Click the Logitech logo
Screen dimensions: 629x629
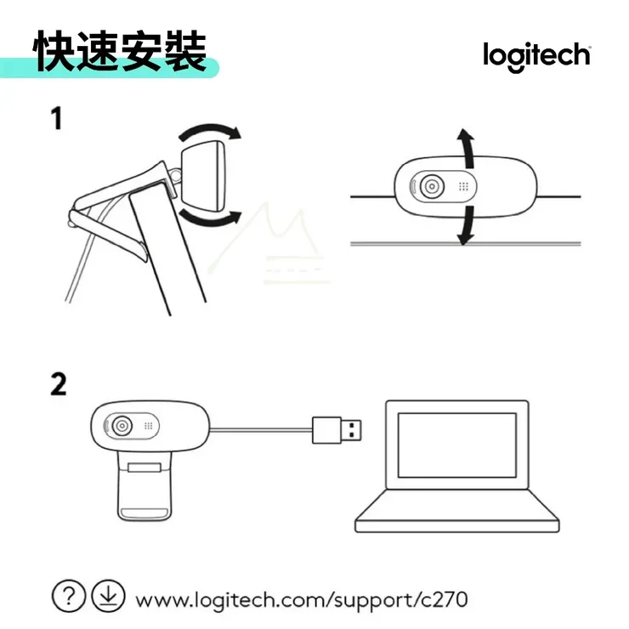(536, 55)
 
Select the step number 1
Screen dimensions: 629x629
(57, 119)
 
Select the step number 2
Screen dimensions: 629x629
(58, 384)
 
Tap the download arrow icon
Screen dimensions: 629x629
(108, 594)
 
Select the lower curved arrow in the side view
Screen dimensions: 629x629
(209, 220)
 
